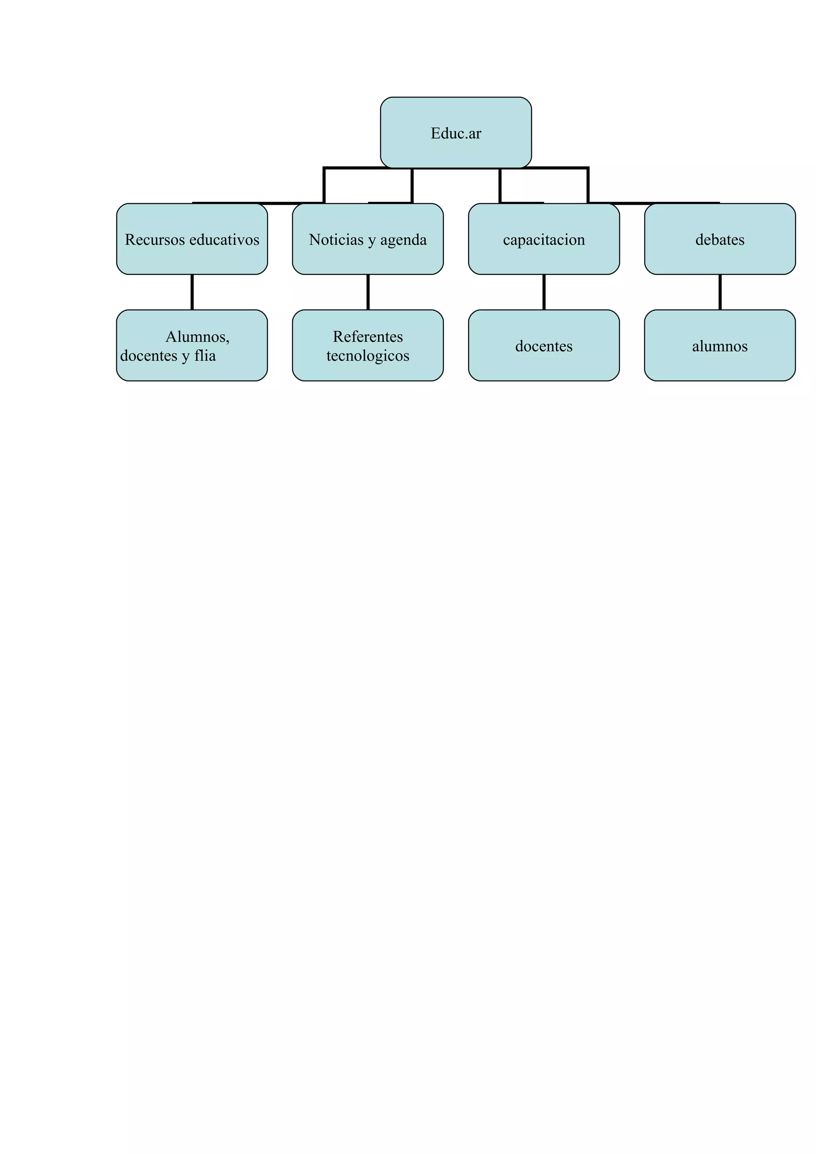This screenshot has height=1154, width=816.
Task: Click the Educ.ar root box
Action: (x=455, y=133)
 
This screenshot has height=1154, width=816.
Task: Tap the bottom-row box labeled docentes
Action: (x=543, y=346)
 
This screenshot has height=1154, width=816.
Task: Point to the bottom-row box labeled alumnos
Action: (x=720, y=346)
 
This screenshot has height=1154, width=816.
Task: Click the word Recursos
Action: (x=155, y=240)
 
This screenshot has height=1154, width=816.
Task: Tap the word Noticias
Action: (x=336, y=240)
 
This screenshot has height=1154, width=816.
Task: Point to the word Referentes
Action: (x=367, y=336)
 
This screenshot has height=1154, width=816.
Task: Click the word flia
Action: (x=205, y=355)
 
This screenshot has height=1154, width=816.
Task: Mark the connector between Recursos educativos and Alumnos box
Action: (x=192, y=292)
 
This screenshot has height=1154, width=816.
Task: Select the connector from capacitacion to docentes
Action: (x=544, y=292)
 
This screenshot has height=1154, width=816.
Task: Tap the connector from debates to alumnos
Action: (x=720, y=292)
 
